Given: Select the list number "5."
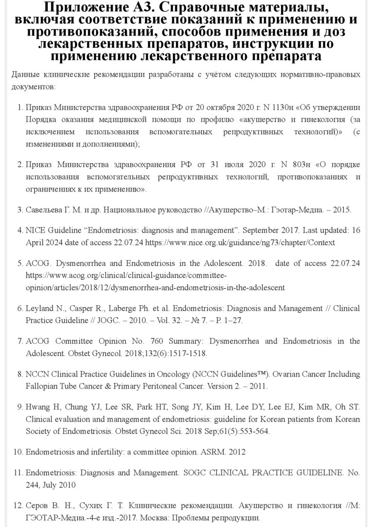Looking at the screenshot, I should pos(20,263).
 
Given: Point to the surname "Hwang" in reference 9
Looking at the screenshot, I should pos(38,407).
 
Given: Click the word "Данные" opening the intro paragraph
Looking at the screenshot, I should pos(24,75).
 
